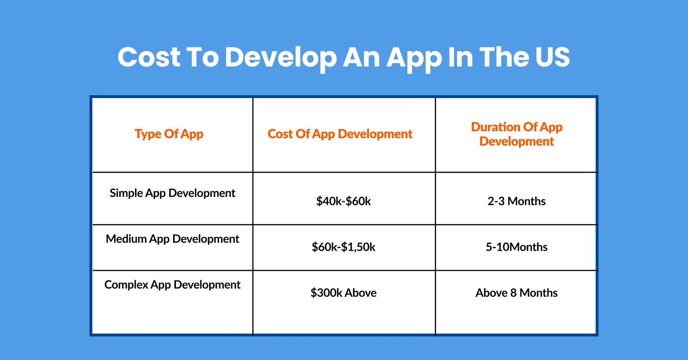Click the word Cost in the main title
coord(149,57)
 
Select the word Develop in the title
coord(281,57)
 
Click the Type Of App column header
coord(169,134)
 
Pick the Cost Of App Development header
coord(340,134)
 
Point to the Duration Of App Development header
coord(516,134)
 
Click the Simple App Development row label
coord(172,193)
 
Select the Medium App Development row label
coord(172,239)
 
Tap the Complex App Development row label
coord(172,285)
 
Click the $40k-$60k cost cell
coord(343,201)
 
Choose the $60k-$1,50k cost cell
coord(343,247)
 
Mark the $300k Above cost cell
coord(343,293)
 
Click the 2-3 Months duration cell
coord(516,201)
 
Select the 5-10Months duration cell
coord(516,247)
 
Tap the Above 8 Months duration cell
coord(516,293)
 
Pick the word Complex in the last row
coord(126,285)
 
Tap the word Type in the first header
coord(148,134)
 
